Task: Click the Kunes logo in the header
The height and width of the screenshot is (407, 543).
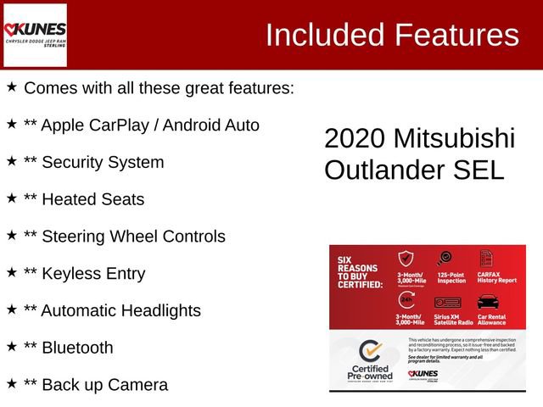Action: (x=36, y=35)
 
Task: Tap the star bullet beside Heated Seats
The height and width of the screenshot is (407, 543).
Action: (x=12, y=198)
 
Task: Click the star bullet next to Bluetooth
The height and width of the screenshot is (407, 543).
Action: (x=12, y=346)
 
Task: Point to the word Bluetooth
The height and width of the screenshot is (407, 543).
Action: (x=77, y=348)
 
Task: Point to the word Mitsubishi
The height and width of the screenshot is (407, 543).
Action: (x=454, y=139)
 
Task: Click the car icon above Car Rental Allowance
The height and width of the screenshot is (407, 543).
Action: (x=488, y=302)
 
